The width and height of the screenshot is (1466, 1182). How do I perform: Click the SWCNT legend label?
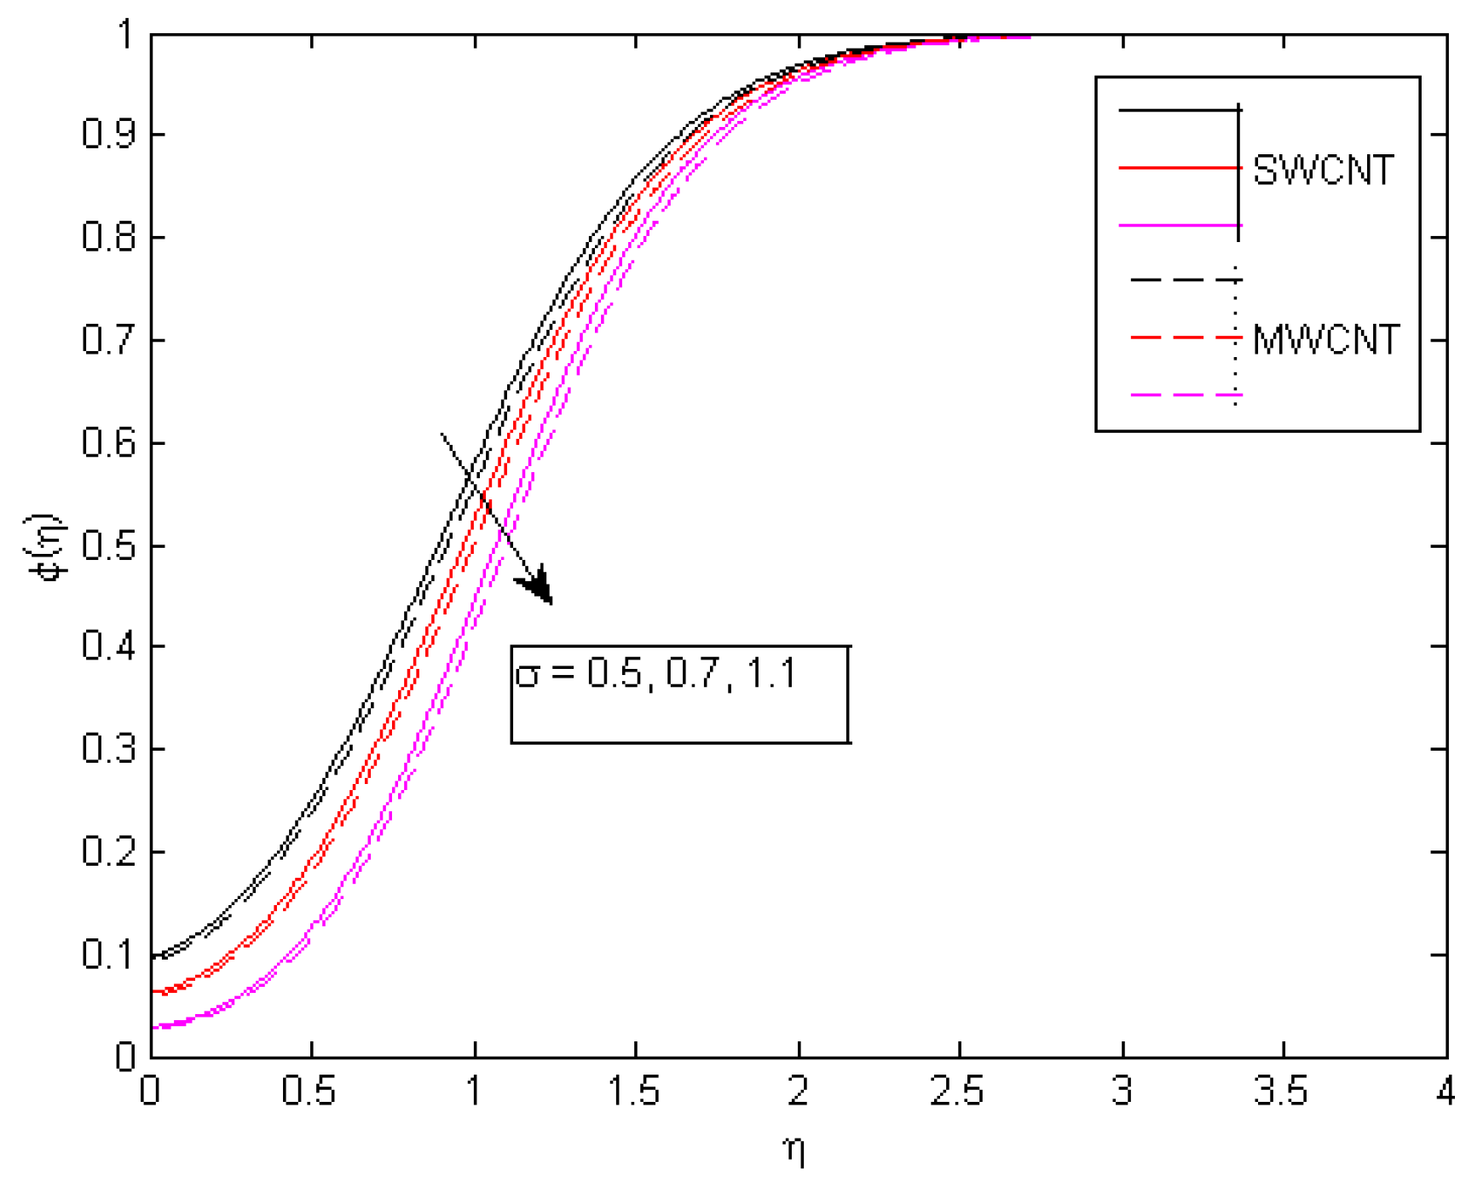coord(1323,171)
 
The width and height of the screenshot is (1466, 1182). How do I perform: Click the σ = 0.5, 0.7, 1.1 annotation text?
coord(656,674)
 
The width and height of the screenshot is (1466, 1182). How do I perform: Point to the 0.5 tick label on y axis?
coord(109,546)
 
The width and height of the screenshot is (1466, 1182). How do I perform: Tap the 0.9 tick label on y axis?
coord(109,135)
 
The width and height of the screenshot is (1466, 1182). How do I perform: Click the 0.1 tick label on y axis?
coord(109,954)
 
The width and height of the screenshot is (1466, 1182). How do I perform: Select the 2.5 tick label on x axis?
coord(959,1092)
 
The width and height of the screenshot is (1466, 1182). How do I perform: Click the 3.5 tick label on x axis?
coord(1283,1092)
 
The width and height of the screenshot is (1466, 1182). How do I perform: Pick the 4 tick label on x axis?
coord(1446,1092)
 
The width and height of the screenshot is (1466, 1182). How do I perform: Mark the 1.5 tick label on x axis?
coord(635,1092)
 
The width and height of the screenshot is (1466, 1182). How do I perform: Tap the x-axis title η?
coord(794,1151)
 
